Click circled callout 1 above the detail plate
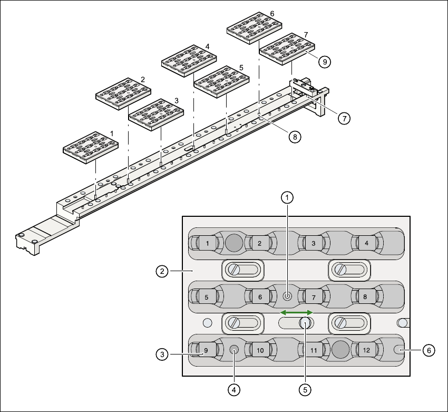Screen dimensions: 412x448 [287, 198]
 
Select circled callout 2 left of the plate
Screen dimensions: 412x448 [162, 272]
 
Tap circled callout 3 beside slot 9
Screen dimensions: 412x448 [162, 353]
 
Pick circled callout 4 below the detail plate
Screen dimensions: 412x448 [234, 389]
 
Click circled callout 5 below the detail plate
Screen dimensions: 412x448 [304, 389]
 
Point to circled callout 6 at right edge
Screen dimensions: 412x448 [430, 349]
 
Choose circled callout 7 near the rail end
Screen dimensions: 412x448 [344, 118]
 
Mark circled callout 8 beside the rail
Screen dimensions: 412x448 [294, 137]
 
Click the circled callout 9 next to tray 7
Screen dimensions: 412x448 [325, 62]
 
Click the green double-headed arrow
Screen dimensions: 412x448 [296, 313]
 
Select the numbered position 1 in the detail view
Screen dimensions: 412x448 [208, 243]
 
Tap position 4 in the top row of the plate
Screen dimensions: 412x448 [366, 243]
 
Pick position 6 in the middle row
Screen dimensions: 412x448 [260, 297]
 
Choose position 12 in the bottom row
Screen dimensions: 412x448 [366, 350]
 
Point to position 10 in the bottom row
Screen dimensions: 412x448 [260, 350]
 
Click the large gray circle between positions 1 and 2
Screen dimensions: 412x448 [233, 243]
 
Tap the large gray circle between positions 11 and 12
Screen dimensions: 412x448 [340, 349]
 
